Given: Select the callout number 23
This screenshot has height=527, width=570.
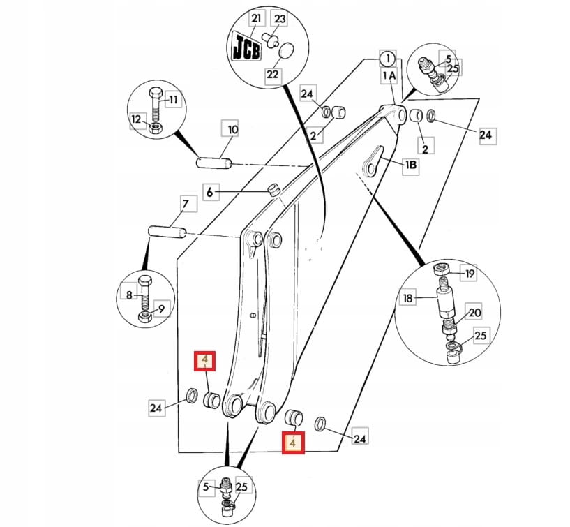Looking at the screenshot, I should pos(280,19).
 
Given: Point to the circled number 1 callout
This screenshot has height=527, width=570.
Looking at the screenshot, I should pos(387,58).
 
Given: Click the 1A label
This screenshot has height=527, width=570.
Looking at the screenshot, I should pos(389,75).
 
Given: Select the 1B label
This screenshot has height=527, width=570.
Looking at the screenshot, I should pos(411,165).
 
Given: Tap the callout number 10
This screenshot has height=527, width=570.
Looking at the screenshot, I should pos(232,130).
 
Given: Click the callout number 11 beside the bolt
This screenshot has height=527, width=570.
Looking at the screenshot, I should pos(173,101).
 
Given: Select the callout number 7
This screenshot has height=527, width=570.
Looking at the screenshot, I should pos(186,204).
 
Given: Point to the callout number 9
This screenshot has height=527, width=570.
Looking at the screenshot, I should pos(162,309).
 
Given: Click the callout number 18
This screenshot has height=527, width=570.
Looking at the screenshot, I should pos(408,298).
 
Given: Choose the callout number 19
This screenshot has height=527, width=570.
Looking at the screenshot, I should pos(470,274).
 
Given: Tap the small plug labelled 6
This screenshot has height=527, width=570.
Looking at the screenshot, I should pos(274,188).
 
